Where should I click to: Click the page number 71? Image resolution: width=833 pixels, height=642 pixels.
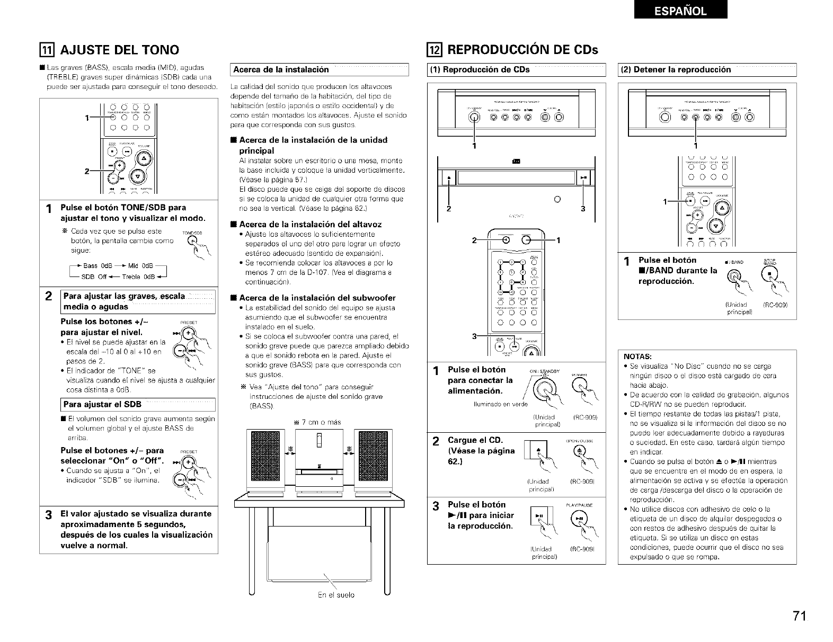point(800,616)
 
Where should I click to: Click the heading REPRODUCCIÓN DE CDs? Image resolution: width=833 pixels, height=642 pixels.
point(522,50)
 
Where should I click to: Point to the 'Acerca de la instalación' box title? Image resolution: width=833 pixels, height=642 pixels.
point(281,69)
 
